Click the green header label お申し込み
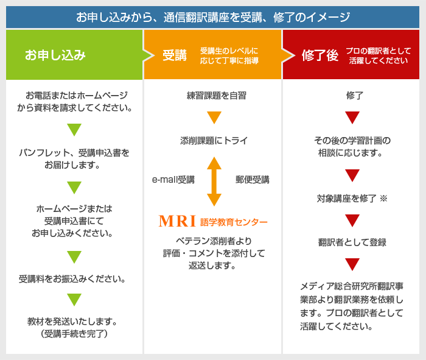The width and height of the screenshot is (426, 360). tap(55, 55)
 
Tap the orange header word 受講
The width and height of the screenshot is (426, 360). tap(174, 55)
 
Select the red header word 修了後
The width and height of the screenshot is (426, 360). tap(319, 55)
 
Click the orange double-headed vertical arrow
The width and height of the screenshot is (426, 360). tap(214, 181)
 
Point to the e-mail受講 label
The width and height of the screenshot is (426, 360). tap(173, 180)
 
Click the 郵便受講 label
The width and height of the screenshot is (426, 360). tap(252, 180)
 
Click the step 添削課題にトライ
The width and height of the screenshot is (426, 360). tap(214, 141)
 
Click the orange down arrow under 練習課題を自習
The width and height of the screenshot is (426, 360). tap(214, 118)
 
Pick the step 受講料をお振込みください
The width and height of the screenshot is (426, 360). tap(72, 279)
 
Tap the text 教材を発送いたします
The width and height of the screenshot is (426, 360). tap(72, 321)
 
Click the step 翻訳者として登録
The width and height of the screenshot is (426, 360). tap(352, 242)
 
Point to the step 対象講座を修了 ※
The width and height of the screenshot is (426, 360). tap(352, 199)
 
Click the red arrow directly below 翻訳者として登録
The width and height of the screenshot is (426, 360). tap(352, 264)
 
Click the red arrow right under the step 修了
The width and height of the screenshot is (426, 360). tap(352, 118)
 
